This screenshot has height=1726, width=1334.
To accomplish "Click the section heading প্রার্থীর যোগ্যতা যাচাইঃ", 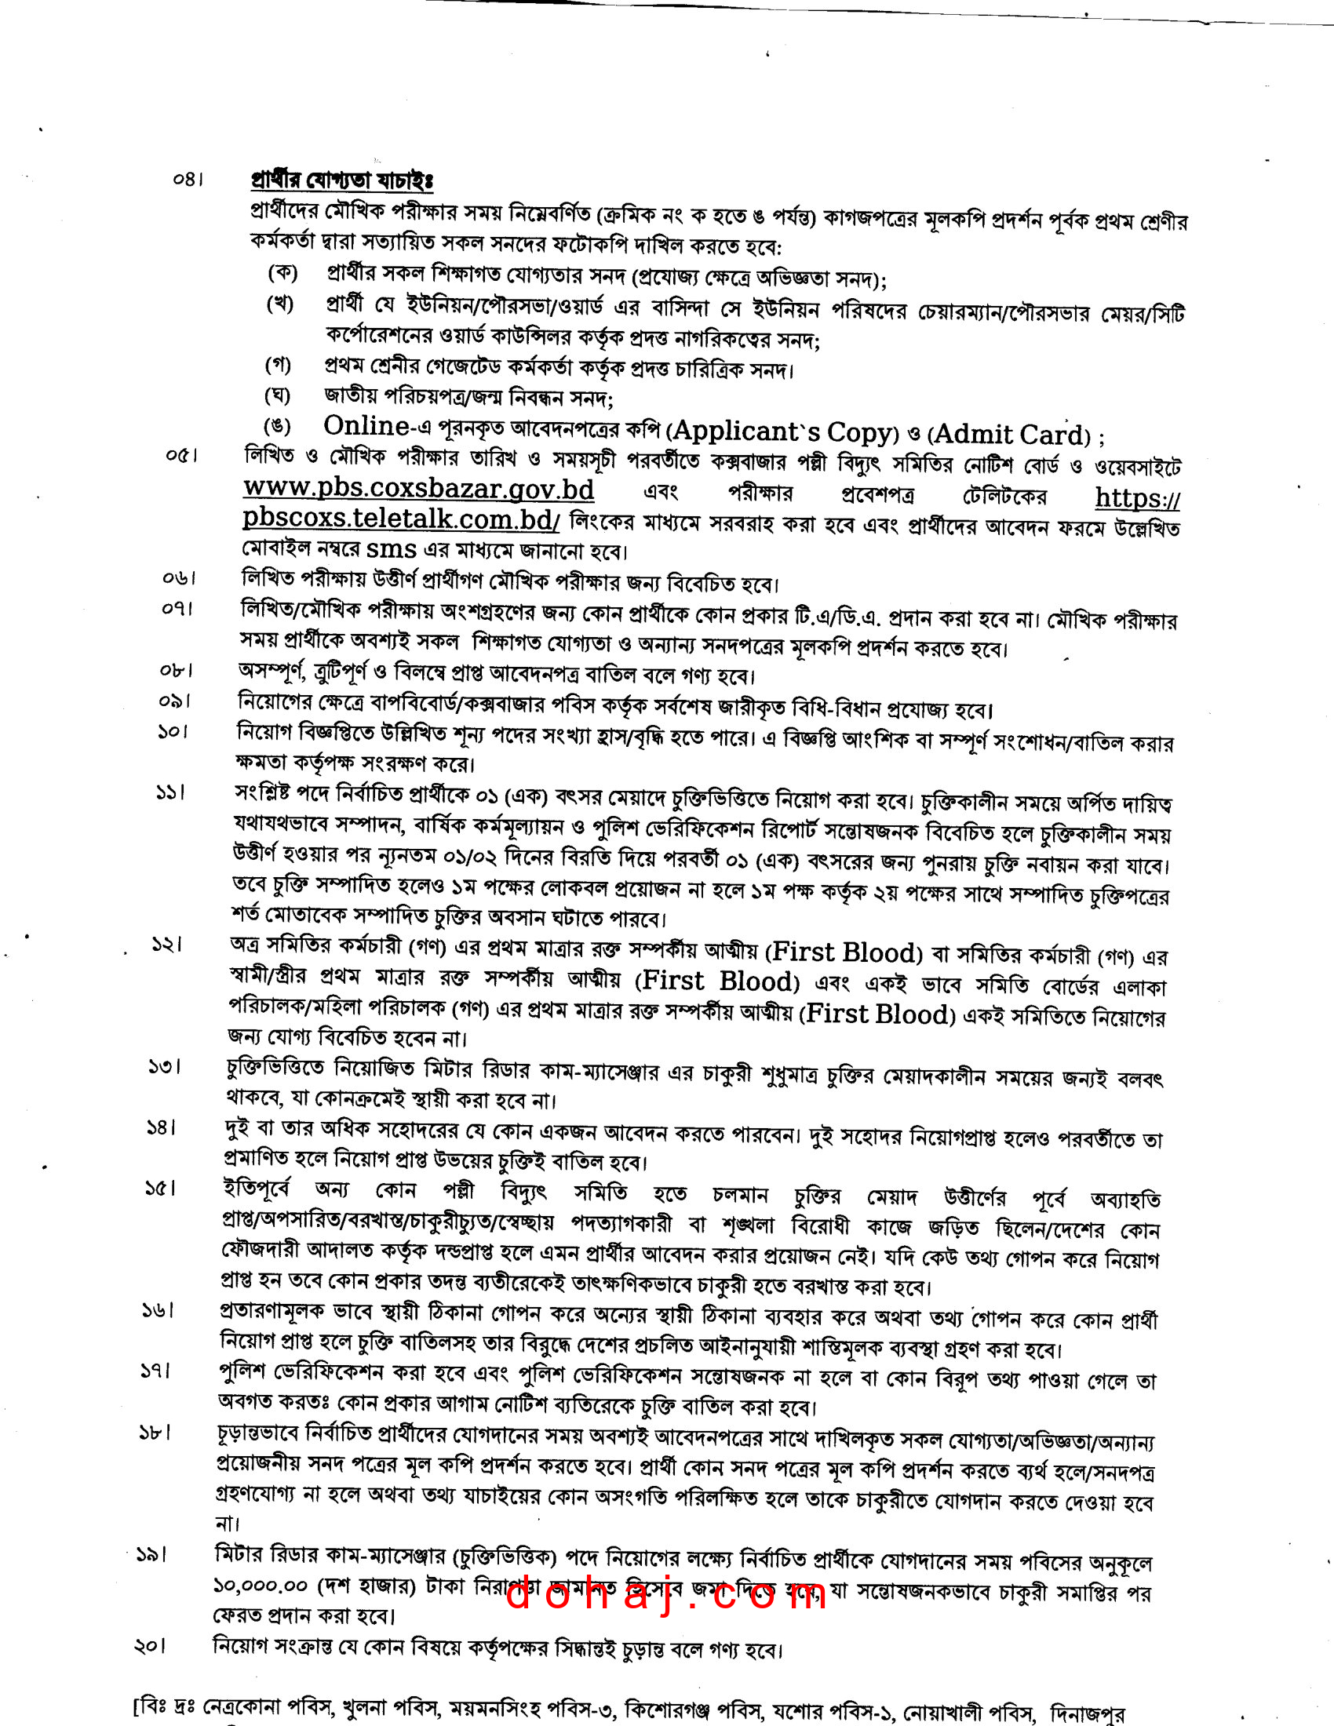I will (341, 181).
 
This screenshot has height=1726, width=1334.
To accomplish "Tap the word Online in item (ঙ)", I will (366, 426).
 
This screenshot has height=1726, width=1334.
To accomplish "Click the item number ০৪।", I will (188, 180).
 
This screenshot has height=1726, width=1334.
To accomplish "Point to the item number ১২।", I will (166, 945).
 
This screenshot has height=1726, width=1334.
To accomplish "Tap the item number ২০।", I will (150, 1646).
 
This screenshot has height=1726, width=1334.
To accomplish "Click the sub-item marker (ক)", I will (282, 274).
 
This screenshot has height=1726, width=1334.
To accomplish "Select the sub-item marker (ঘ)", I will (277, 395).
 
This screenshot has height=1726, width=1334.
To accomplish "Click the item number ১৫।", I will (160, 1188).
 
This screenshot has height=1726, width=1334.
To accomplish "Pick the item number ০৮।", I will (176, 671).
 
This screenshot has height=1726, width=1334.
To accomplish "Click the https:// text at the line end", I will (1137, 498).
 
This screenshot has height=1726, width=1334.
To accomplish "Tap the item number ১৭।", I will (155, 1371).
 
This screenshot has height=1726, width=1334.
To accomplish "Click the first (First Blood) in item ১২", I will (845, 952).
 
